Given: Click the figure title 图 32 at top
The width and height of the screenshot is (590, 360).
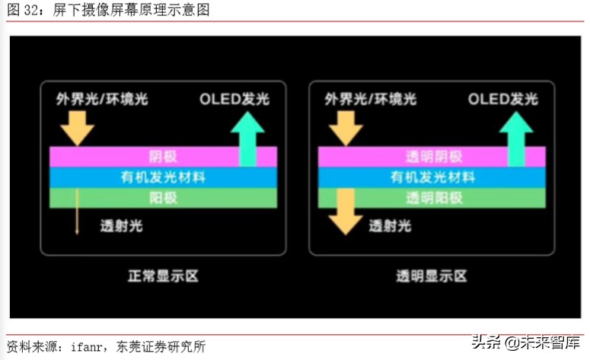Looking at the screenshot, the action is coord(107,10).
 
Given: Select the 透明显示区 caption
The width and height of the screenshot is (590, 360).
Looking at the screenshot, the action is coord(431,276).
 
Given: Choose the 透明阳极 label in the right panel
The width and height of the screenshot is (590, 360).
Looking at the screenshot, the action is coord(431,198).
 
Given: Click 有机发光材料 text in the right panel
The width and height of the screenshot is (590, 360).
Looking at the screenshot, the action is coord(431,177).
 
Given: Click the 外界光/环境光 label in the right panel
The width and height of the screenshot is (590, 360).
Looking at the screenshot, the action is coord(370,100).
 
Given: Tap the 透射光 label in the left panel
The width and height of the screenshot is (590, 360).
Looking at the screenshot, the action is coord(121,226).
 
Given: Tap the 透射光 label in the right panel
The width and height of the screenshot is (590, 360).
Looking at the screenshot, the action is coord(390,226).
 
